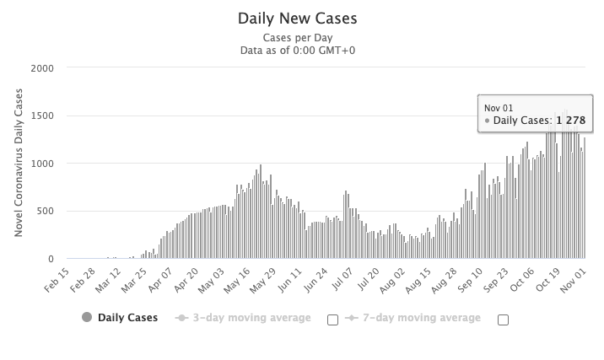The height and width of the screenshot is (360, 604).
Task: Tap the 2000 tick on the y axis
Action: coord(43,68)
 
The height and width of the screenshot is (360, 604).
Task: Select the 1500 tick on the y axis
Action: coord(43,116)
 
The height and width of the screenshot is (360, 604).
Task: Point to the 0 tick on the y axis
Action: coord(52,259)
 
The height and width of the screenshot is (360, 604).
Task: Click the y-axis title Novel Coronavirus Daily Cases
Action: coord(19,164)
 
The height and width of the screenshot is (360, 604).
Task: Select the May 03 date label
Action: coord(212,279)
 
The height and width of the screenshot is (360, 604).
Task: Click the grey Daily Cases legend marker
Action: coord(86,318)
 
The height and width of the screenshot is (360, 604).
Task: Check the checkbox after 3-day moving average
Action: coord(332,319)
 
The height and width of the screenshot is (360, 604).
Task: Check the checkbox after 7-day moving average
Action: coord(504,319)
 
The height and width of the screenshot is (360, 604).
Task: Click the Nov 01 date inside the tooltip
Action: coord(498,107)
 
